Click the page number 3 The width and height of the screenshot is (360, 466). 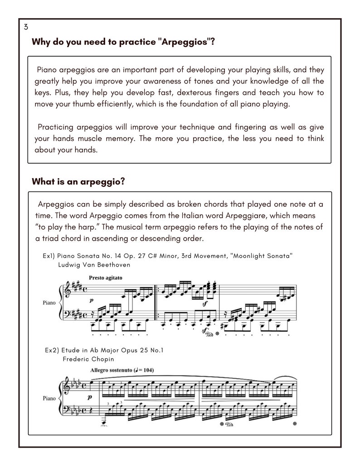[26, 27]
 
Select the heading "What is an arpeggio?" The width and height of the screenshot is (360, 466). [78, 181]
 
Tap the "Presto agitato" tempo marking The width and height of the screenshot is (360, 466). [106, 277]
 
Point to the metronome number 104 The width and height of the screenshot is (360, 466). [146, 370]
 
